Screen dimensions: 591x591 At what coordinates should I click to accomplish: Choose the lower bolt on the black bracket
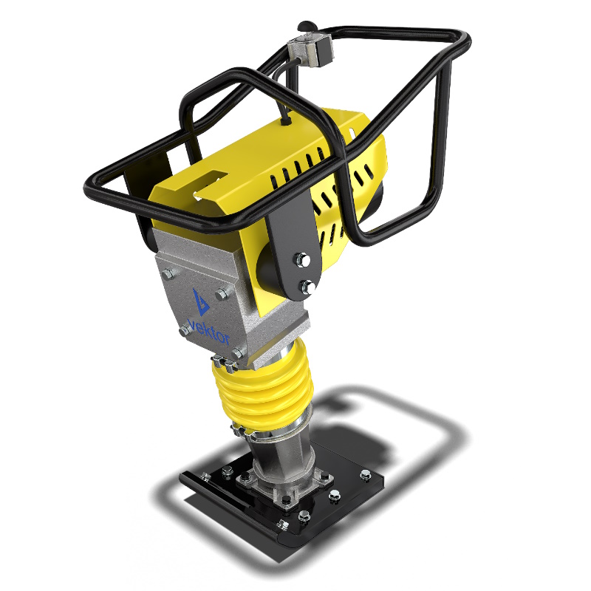click(307, 287)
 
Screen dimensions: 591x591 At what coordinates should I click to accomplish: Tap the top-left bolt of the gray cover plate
click(168, 274)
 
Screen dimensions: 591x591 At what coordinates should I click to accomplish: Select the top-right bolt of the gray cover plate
click(222, 294)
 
